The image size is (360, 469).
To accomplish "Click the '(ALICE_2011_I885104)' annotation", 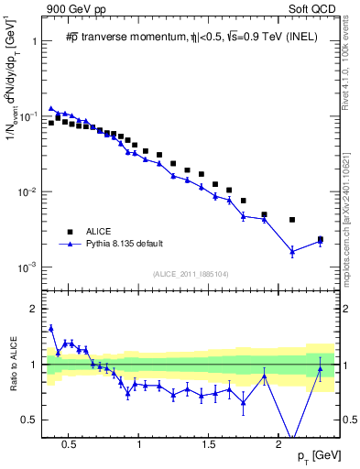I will point(190,274).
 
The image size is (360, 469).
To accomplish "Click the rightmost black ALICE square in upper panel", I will point(320,239).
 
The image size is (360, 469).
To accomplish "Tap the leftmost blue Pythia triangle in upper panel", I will point(51,108).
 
